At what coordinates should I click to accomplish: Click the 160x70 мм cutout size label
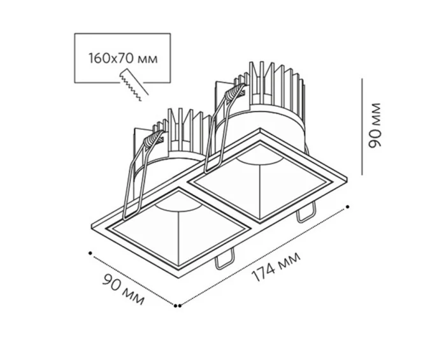point(123,58)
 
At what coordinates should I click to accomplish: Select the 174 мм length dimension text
point(276,266)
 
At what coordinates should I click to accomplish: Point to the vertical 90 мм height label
point(374,126)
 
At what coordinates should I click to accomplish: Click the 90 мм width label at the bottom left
point(123,289)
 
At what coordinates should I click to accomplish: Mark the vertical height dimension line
point(362,127)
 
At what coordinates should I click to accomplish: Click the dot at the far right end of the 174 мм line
point(347,207)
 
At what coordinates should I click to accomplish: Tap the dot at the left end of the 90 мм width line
point(90,253)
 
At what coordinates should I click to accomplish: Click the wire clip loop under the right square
point(306,212)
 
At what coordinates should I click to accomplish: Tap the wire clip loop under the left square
point(224,259)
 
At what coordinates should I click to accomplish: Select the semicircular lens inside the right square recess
point(259,159)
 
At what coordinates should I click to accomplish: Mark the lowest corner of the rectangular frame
point(178,278)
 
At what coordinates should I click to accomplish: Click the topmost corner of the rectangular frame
point(260,129)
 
